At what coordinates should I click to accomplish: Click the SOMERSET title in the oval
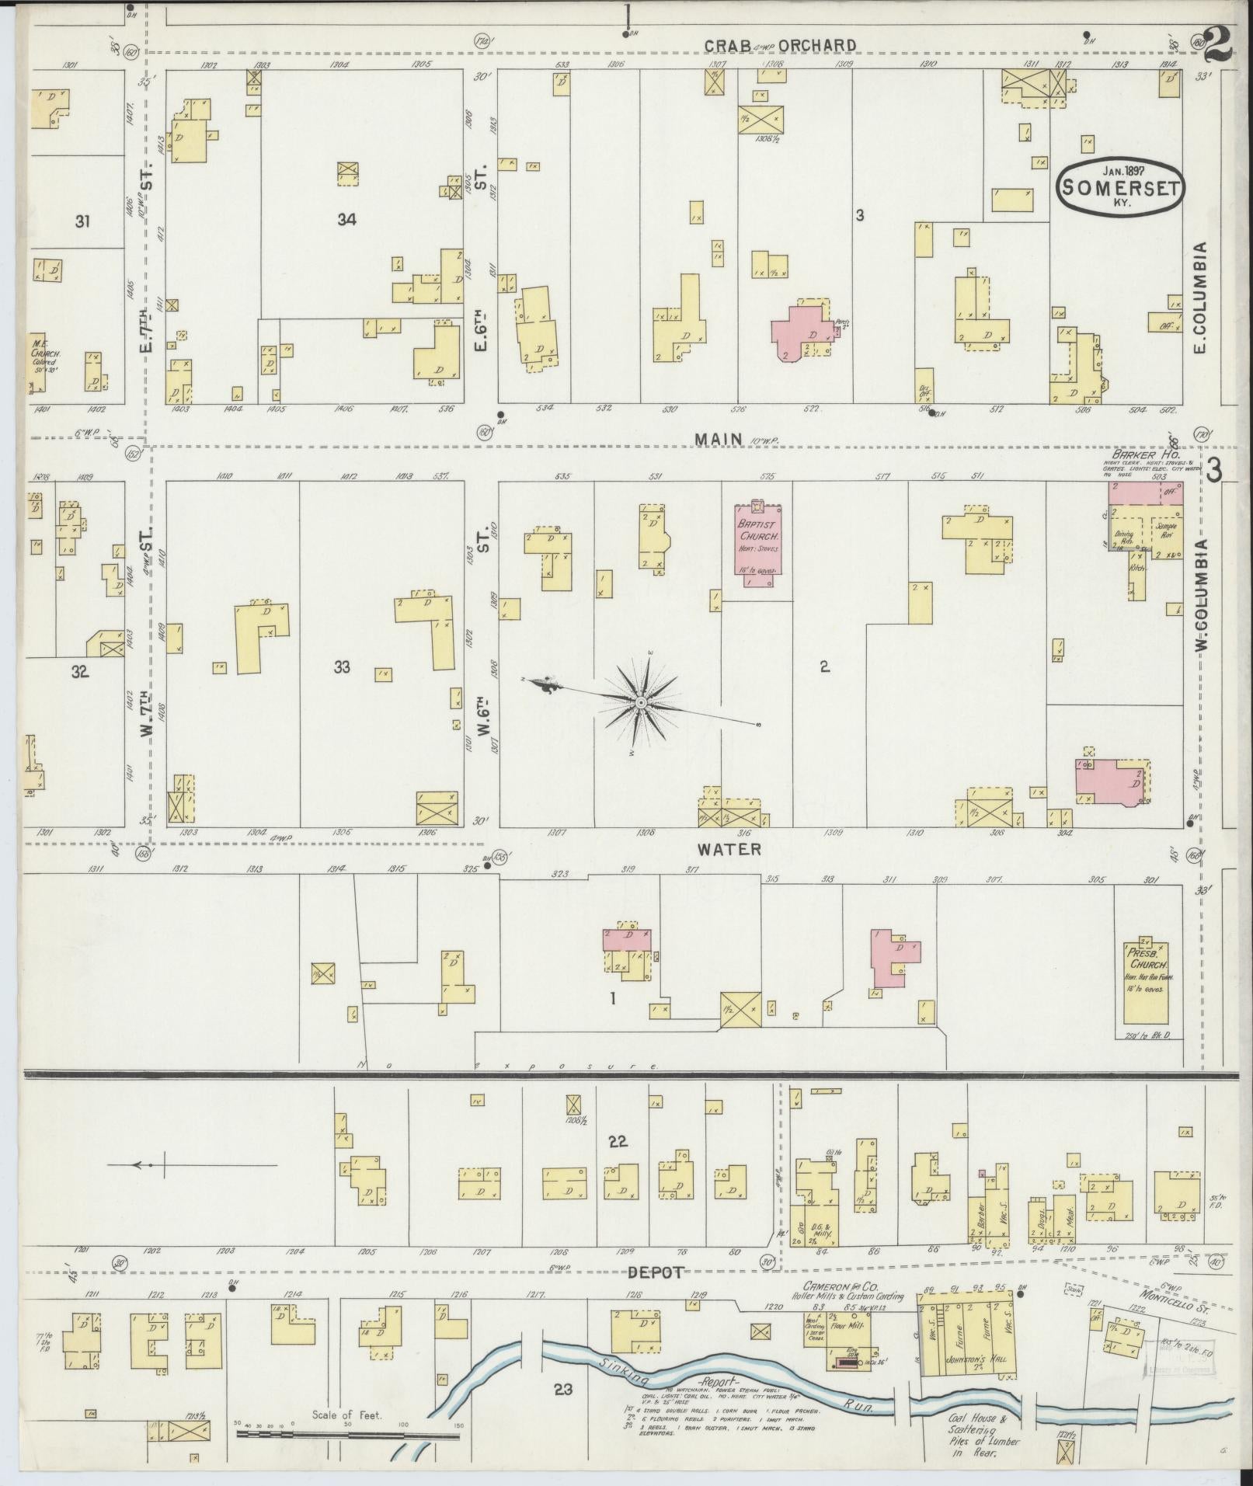click(1121, 188)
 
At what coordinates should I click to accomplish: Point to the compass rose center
click(641, 703)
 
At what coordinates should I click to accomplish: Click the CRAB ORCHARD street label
click(780, 46)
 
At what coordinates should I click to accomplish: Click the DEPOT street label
click(656, 1272)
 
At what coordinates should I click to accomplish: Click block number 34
click(346, 220)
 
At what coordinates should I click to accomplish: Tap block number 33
click(342, 666)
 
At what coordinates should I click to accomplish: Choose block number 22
click(618, 1142)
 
